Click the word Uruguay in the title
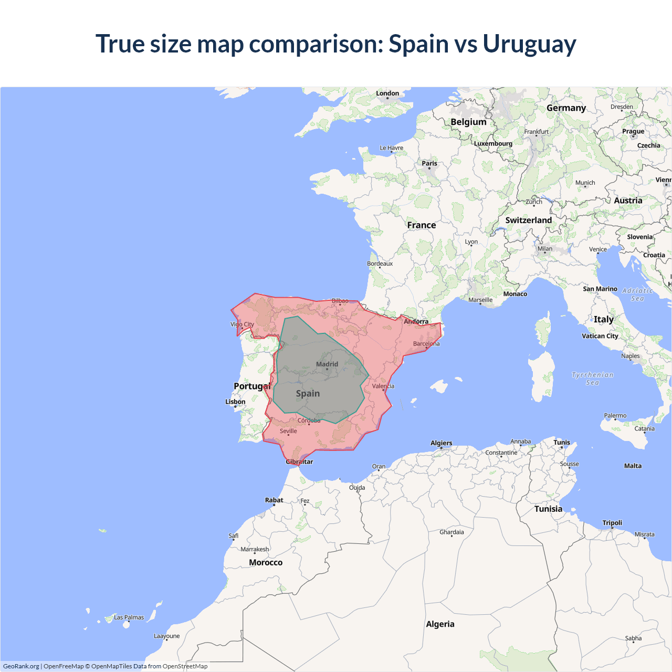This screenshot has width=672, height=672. point(529,44)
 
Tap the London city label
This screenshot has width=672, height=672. point(387,93)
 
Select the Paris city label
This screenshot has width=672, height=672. point(429,163)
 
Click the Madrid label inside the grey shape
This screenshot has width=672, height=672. point(327,364)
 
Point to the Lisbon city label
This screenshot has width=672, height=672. point(235,402)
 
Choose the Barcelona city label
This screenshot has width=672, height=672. point(426,344)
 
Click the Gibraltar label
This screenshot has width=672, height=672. point(299,462)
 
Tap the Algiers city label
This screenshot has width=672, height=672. point(441,443)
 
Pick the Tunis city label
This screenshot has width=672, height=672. point(562,443)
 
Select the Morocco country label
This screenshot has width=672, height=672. point(266,562)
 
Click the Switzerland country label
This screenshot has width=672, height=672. point(528,220)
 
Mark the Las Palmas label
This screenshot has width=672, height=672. point(129,617)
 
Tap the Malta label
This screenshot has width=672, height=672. point(633,466)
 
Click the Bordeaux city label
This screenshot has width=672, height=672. point(380,264)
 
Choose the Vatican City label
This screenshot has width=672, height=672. point(600,336)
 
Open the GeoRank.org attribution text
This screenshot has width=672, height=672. point(21,666)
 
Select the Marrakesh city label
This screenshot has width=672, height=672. point(255,549)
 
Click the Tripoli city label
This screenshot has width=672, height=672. point(612,523)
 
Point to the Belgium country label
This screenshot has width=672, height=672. point(468,122)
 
